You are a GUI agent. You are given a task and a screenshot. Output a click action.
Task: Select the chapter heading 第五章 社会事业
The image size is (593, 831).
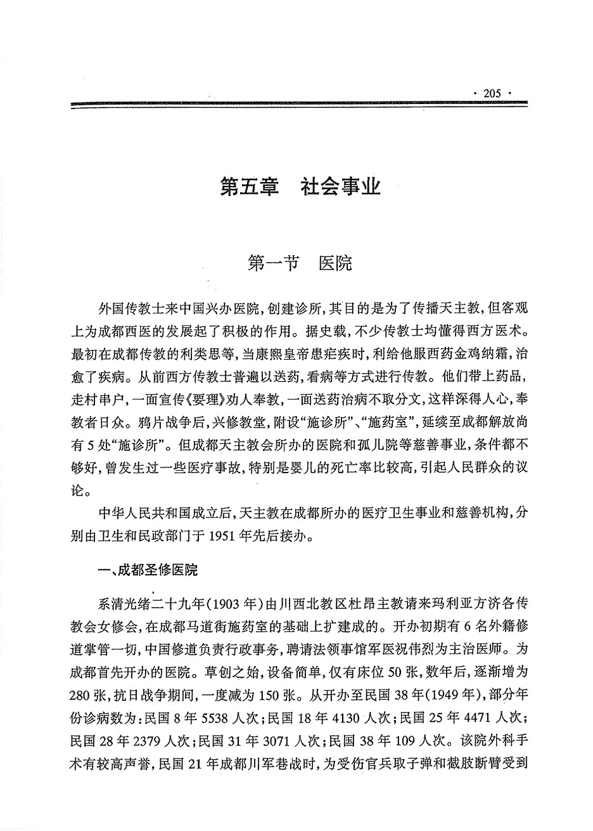coord(300,187)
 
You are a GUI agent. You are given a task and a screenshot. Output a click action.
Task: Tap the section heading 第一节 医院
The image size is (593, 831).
coord(300,263)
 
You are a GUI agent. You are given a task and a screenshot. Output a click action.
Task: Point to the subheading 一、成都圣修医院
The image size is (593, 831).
coord(148,570)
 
